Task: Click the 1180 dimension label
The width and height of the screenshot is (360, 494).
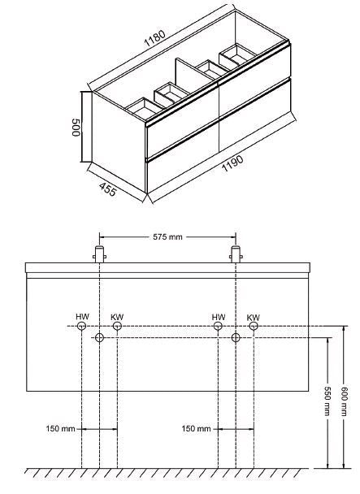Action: point(154,38)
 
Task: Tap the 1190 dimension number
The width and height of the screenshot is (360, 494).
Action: point(233,163)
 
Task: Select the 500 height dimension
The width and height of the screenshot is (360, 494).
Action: point(76,128)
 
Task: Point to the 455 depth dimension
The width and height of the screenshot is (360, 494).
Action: point(108,189)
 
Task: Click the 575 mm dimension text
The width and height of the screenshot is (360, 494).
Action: point(167,237)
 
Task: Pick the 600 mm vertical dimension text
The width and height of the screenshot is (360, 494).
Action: point(345,401)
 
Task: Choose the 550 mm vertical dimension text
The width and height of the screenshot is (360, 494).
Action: point(327,401)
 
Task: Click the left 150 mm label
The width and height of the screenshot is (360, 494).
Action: point(60,428)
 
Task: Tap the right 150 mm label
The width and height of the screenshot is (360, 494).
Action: point(196,428)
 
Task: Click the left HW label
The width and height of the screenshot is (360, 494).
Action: point(82,317)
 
